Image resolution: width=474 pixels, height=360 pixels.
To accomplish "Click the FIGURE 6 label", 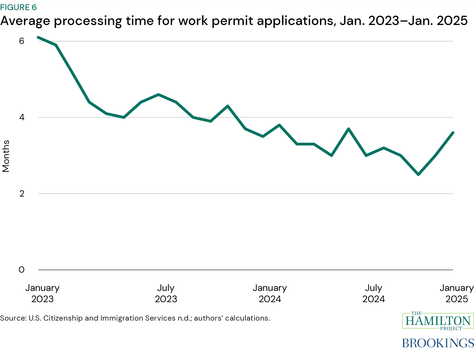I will coord(18,7).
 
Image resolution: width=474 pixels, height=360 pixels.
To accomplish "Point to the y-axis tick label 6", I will coord(22,41).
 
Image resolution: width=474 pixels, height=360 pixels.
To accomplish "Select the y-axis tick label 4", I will coord(22,117).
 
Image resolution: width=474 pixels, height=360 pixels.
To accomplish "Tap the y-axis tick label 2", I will coord(22,193).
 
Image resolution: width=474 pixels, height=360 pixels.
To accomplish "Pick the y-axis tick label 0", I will coord(22,270).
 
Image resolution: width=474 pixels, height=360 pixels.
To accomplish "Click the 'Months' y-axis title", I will coord(6,156).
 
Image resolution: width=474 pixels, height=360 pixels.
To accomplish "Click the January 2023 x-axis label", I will coord(42,293).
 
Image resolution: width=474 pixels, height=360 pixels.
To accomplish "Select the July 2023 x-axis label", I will coord(166,293).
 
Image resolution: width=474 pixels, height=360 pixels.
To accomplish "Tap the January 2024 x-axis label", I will coord(270,293).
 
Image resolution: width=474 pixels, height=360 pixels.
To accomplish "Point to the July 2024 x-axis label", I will coord(374,293).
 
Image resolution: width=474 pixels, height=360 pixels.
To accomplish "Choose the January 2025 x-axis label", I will coord(456,293).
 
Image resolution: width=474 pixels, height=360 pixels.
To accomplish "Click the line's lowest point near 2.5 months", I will coord(418,175).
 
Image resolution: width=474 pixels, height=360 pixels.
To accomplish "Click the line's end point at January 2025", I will coord(453,133).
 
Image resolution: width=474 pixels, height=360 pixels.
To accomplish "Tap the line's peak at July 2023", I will coord(159,95).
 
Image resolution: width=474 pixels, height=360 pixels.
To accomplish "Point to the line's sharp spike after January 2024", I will coord(349,129).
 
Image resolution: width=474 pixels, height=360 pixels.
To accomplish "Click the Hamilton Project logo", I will coord(438,321).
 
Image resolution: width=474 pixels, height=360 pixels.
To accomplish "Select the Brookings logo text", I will coord(438,343).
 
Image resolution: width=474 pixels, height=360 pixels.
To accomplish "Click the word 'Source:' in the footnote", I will coord(13,318).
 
